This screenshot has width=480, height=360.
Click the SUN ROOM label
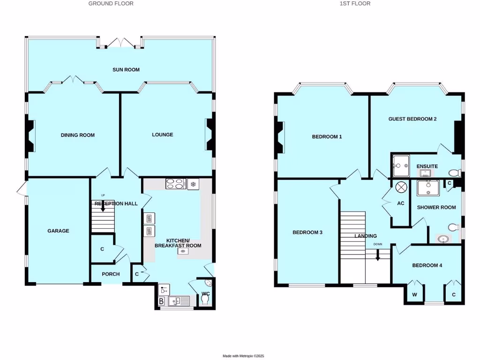[126, 70]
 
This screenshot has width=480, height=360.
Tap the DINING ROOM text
[78, 135]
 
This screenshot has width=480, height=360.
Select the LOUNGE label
[162, 135]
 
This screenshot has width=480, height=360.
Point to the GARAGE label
[58, 231]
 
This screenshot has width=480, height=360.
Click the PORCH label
[111, 274]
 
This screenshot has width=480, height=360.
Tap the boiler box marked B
[161, 301]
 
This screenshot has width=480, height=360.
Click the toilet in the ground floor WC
[204, 300]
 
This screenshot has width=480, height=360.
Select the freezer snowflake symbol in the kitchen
[193, 184]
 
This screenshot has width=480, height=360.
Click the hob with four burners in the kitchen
[176, 184]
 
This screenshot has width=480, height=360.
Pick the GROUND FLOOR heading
[111, 3]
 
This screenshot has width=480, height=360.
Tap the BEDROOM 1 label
[327, 137]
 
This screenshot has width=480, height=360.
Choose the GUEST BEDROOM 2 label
[412, 119]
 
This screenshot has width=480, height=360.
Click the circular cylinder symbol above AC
[401, 187]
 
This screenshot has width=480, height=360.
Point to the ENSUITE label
[427, 166]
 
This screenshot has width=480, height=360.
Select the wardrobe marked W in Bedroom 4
[414, 294]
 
